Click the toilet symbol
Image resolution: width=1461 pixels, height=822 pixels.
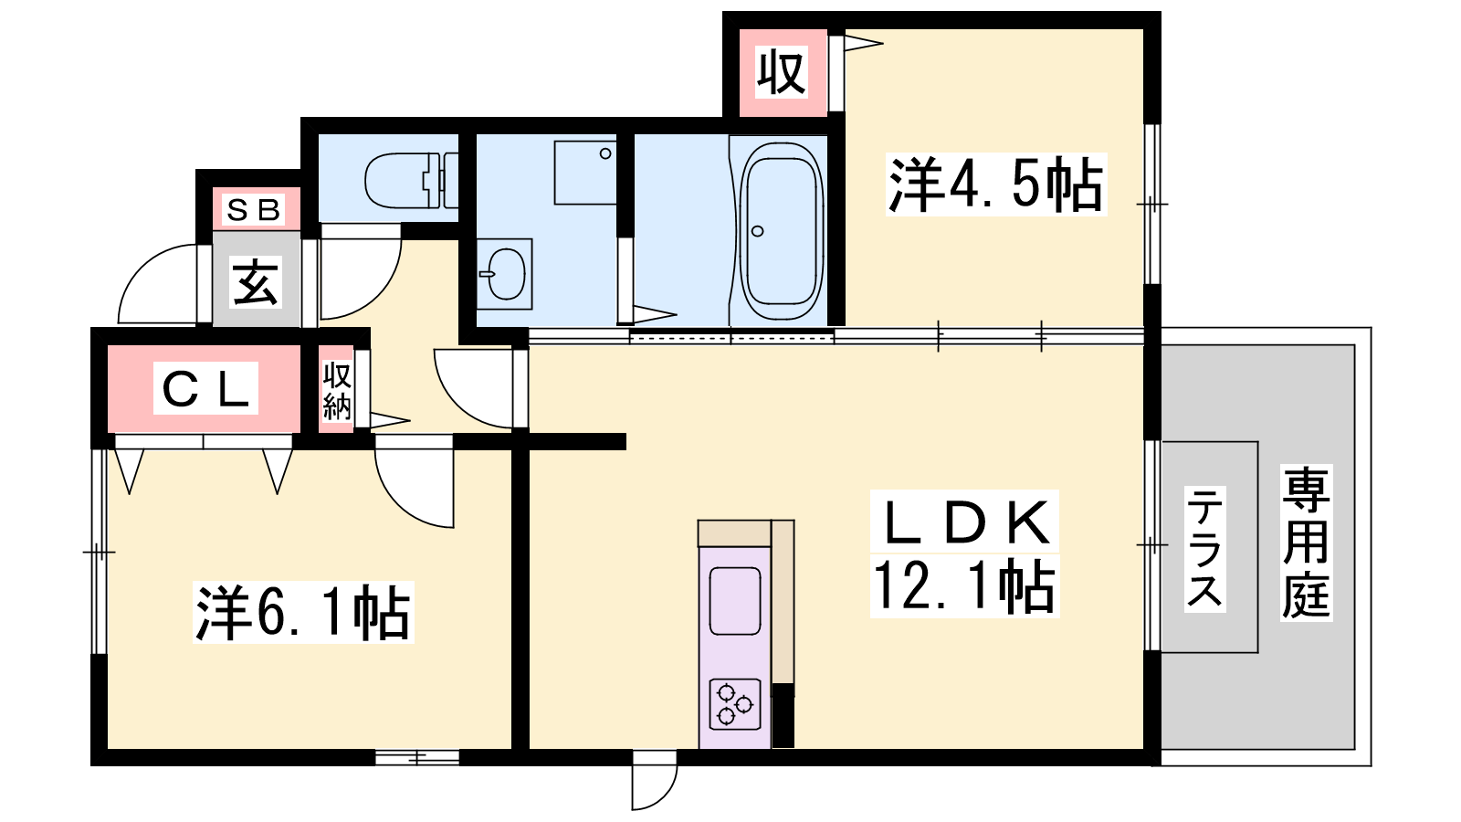[411, 181]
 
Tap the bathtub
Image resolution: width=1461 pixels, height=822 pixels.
[781, 232]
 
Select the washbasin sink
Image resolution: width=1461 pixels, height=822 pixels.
[504, 274]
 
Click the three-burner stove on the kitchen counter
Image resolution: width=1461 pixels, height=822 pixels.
[735, 704]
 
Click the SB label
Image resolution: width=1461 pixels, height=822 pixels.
[253, 210]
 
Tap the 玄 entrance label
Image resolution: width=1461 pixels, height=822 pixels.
[256, 282]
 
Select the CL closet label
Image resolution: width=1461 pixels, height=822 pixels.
[205, 389]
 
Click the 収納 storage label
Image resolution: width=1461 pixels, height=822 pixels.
[337, 392]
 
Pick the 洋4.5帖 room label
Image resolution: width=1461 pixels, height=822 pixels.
[996, 184]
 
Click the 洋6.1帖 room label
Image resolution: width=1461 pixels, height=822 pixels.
[303, 613]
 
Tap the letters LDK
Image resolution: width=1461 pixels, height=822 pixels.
[964, 522]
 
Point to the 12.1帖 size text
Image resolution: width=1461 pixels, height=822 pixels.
[964, 585]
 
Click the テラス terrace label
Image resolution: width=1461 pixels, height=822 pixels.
[1204, 549]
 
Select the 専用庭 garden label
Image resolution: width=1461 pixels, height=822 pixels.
[1306, 542]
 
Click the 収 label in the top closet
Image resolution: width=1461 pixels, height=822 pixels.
[782, 72]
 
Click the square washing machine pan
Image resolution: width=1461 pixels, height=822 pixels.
[585, 173]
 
